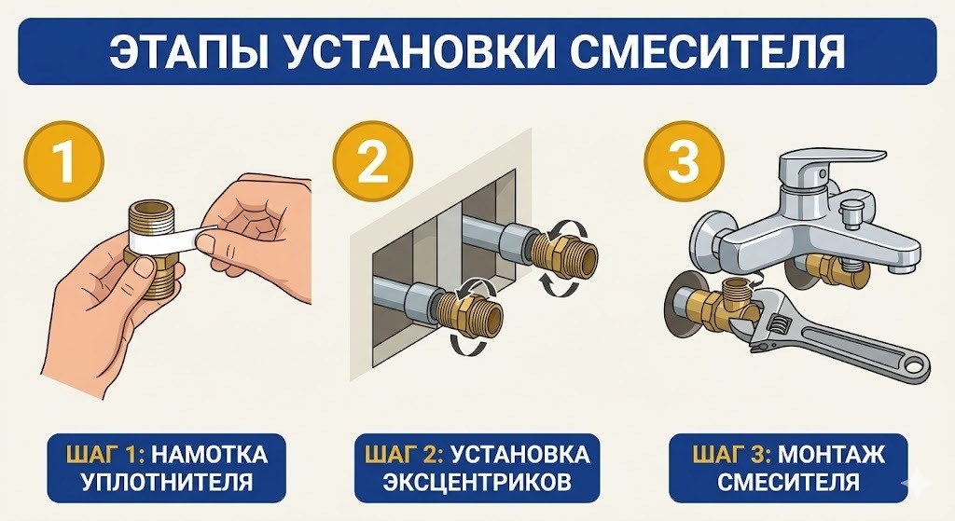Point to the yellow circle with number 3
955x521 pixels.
[x=684, y=160]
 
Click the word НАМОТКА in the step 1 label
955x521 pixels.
[x=211, y=455]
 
